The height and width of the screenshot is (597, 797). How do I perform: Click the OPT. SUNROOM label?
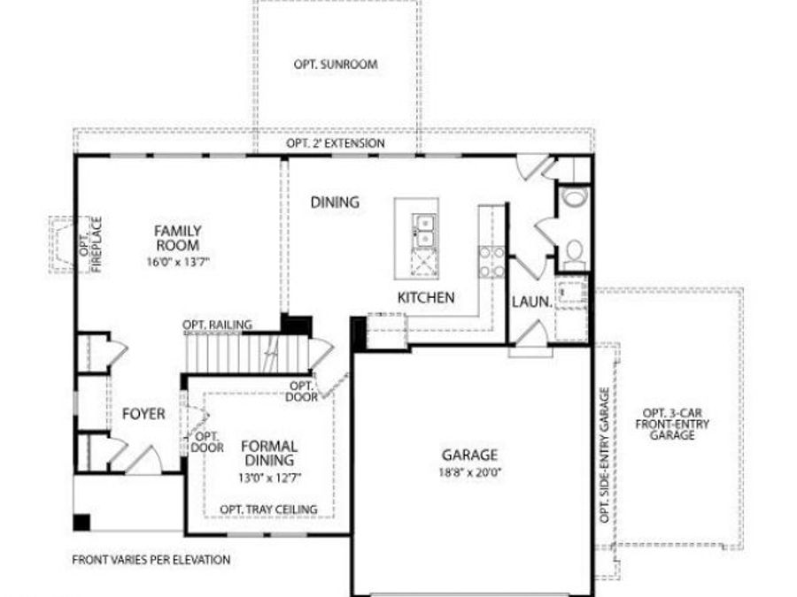tap(336, 65)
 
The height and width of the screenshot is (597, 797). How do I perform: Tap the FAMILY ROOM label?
tap(177, 238)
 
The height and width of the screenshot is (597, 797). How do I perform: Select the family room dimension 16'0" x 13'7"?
tap(177, 262)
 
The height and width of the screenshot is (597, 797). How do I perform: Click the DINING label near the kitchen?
tap(335, 203)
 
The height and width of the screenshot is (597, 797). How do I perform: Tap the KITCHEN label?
tap(425, 298)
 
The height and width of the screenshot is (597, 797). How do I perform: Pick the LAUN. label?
tap(531, 302)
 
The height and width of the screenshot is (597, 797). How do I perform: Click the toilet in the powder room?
tap(574, 196)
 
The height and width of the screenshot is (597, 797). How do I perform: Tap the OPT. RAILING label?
tap(217, 325)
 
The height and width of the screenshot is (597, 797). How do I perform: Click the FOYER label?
tap(143, 413)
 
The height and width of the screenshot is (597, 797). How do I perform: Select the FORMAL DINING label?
tap(268, 454)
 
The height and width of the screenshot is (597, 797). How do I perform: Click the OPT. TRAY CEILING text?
tap(268, 509)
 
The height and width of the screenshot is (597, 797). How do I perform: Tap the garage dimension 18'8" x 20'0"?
tap(469, 472)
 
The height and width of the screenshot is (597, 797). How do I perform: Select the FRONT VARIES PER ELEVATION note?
tap(151, 560)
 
